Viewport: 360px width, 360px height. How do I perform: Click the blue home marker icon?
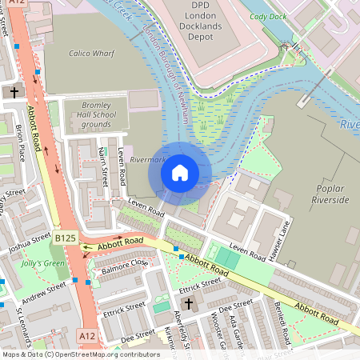180,172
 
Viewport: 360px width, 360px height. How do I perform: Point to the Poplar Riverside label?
332,193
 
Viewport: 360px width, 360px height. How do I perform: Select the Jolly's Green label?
43,263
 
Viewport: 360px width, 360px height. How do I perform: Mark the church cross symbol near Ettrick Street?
187,304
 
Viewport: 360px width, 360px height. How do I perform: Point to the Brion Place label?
20,142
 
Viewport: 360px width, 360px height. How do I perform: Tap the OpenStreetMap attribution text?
80,354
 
